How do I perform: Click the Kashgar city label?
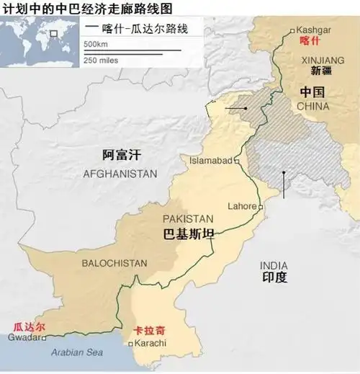point(314,30)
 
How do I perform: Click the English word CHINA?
point(312,106)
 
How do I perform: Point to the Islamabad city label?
point(210,160)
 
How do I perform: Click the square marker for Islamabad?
point(236,161)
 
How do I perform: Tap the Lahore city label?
point(241,205)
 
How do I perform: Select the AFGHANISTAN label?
point(120,174)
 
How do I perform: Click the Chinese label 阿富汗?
point(120,153)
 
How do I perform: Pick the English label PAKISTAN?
point(187,218)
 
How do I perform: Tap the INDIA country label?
point(274,264)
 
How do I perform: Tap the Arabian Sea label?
point(75,352)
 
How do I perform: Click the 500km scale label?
point(96,44)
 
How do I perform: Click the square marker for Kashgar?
point(291,31)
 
